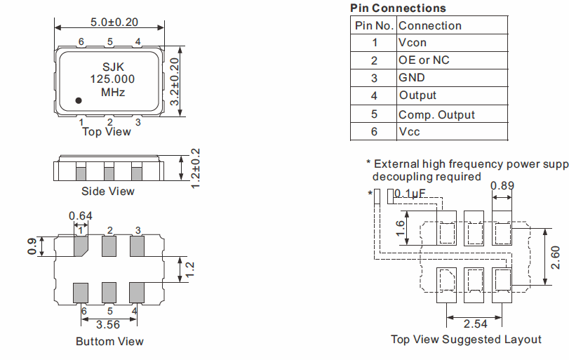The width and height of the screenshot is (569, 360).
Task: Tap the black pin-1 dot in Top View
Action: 79,101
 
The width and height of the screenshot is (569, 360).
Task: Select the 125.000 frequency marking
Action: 112,80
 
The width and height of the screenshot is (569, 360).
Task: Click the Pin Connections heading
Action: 398,8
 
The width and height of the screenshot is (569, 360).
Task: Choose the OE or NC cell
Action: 424,60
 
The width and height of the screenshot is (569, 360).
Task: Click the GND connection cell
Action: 412,78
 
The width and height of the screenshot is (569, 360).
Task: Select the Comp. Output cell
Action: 436,114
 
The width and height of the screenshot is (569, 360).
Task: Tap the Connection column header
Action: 430,26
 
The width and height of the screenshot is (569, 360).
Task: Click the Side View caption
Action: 108,191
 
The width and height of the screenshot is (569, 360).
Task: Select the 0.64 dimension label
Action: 81,216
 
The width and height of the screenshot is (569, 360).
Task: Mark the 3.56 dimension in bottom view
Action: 109,325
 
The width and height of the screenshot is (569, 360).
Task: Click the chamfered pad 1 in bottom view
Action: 81,246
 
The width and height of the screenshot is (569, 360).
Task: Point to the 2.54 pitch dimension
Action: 475,324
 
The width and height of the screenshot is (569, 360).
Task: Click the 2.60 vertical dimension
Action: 556,257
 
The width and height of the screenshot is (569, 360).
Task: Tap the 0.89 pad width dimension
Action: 502,186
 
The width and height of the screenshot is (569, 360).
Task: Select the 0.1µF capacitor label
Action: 410,194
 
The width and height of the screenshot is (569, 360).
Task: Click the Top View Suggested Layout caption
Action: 466,340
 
